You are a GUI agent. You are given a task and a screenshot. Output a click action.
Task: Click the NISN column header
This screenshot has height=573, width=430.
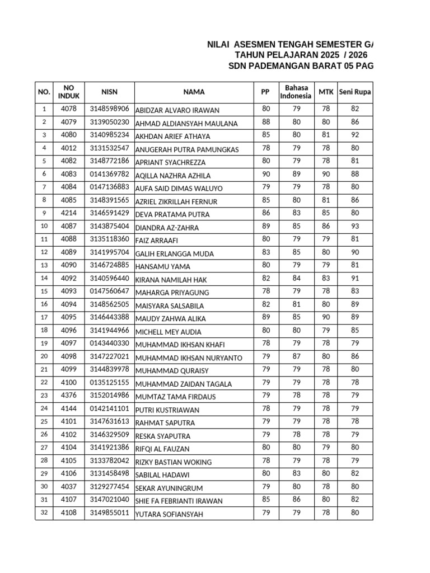110,92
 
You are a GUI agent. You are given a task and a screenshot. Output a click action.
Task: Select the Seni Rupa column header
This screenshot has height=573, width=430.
355,92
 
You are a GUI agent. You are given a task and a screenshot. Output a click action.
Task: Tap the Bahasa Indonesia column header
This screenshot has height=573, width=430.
297,92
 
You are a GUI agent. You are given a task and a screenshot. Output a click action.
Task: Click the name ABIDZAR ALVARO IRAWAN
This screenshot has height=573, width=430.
177,110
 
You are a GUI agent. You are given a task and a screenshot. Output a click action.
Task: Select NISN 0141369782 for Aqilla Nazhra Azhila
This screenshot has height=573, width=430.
110,175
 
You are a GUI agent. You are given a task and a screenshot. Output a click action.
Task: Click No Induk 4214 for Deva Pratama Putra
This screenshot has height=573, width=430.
69,213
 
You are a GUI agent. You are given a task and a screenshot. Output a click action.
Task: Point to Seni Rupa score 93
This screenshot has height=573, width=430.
355,227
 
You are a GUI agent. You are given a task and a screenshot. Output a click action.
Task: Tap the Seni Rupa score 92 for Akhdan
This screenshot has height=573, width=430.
355,135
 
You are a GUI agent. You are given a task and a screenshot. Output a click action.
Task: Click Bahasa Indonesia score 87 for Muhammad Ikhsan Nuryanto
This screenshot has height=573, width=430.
297,356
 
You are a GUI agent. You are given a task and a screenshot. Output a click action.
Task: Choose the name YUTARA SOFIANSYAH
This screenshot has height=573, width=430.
169,514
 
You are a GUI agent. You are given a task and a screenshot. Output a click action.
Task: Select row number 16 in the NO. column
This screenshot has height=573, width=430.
44,304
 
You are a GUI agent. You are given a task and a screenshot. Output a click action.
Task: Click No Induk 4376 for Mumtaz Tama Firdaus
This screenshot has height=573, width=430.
69,396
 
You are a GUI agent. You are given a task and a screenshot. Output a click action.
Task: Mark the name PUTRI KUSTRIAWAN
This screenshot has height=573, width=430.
167,410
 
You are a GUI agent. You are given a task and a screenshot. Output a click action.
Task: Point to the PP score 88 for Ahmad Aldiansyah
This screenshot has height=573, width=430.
266,122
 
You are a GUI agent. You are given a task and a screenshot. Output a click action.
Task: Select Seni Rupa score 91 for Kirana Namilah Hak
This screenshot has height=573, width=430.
355,278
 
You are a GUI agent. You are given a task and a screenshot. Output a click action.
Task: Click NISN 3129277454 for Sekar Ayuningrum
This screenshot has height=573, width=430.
110,487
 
